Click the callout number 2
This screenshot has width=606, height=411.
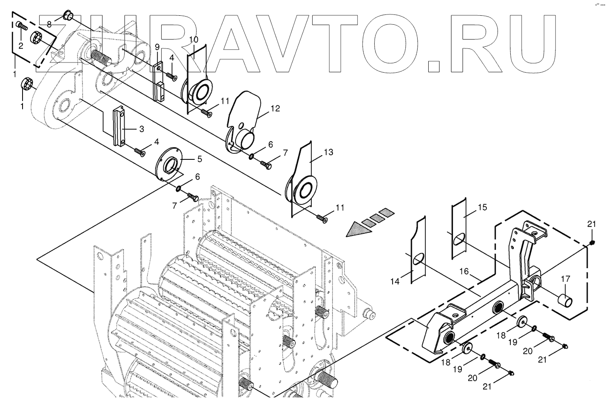tap(20, 45)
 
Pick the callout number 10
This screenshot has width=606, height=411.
tap(193, 40)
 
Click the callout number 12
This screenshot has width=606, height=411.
tap(275, 108)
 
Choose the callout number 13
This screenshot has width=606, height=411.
tap(328, 152)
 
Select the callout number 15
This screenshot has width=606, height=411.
tap(482, 208)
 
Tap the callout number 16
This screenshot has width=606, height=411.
tap(463, 271)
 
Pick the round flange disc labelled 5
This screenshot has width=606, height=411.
tap(169, 164)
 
